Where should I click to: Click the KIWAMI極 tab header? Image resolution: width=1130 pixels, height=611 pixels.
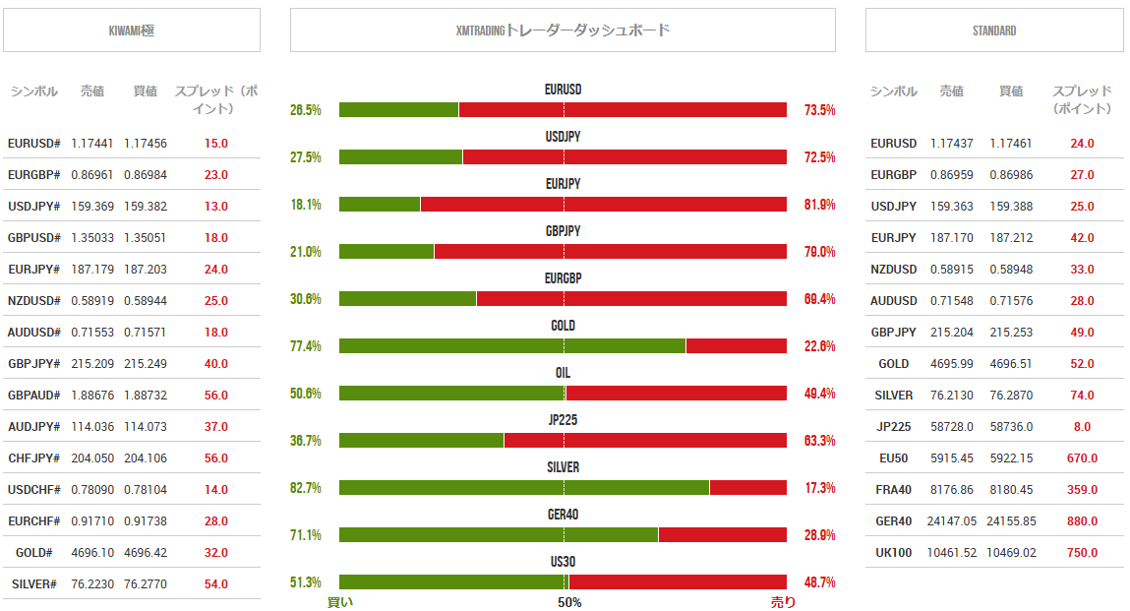tap(132, 31)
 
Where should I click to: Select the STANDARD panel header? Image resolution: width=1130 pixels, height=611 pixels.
tap(994, 31)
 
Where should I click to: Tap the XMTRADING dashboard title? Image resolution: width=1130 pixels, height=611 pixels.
tap(563, 31)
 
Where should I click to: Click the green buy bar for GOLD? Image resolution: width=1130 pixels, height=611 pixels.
tap(511, 346)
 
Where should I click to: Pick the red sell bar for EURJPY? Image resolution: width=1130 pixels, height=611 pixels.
tap(603, 205)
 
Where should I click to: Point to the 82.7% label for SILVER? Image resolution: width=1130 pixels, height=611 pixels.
tap(306, 488)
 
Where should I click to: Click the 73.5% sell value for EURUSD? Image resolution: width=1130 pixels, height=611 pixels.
tap(819, 110)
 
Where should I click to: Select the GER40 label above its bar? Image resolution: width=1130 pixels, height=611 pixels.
tap(563, 515)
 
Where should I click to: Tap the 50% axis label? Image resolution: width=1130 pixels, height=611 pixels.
tap(569, 602)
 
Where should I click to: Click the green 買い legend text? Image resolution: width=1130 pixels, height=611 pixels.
tap(340, 602)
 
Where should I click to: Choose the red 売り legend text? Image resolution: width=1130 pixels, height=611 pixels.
tap(784, 602)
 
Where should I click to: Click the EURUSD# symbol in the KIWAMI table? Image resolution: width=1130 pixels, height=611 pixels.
tap(34, 144)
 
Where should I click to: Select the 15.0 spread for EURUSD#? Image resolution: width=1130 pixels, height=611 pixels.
tap(216, 144)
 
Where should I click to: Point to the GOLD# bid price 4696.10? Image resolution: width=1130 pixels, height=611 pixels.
tap(92, 553)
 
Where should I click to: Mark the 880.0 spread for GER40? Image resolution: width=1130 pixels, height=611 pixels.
tap(1082, 521)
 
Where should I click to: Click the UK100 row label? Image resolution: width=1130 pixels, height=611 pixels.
tap(894, 553)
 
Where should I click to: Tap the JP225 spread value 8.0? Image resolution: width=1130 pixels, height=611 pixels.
tap(1082, 427)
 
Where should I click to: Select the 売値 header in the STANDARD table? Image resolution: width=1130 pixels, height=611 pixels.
tap(951, 92)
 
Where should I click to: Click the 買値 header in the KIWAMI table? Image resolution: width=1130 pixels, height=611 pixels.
tap(145, 92)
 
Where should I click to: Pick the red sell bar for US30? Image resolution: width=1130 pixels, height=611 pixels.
tap(678, 582)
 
